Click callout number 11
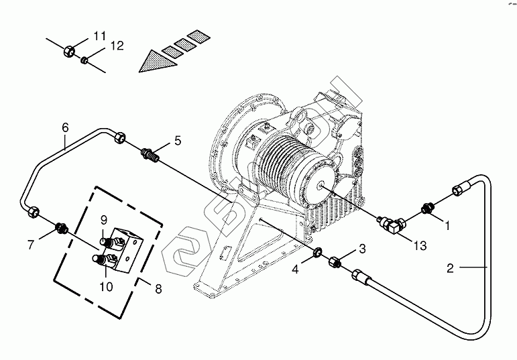(99, 36)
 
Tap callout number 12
(117, 46)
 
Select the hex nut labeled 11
(69, 51)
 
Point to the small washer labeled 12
(84, 60)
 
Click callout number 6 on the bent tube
(65, 127)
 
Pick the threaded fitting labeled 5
(150, 155)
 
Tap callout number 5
(178, 141)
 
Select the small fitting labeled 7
(62, 227)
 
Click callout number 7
(31, 245)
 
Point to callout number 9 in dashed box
(104, 220)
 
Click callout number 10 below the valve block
(106, 287)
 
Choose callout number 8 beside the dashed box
(159, 289)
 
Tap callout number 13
(420, 245)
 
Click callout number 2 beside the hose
(451, 268)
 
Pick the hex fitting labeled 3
(335, 263)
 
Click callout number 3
(362, 249)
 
